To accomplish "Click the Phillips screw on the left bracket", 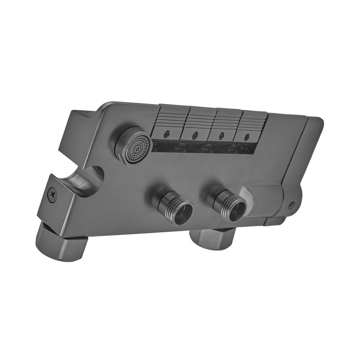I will (53, 194).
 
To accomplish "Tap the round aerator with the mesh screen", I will (133, 146).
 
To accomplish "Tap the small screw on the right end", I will (292, 206).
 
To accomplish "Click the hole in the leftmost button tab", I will (166, 135).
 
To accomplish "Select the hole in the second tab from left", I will (195, 136).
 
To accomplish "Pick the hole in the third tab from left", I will (221, 136).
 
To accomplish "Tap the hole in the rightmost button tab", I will (247, 137).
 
